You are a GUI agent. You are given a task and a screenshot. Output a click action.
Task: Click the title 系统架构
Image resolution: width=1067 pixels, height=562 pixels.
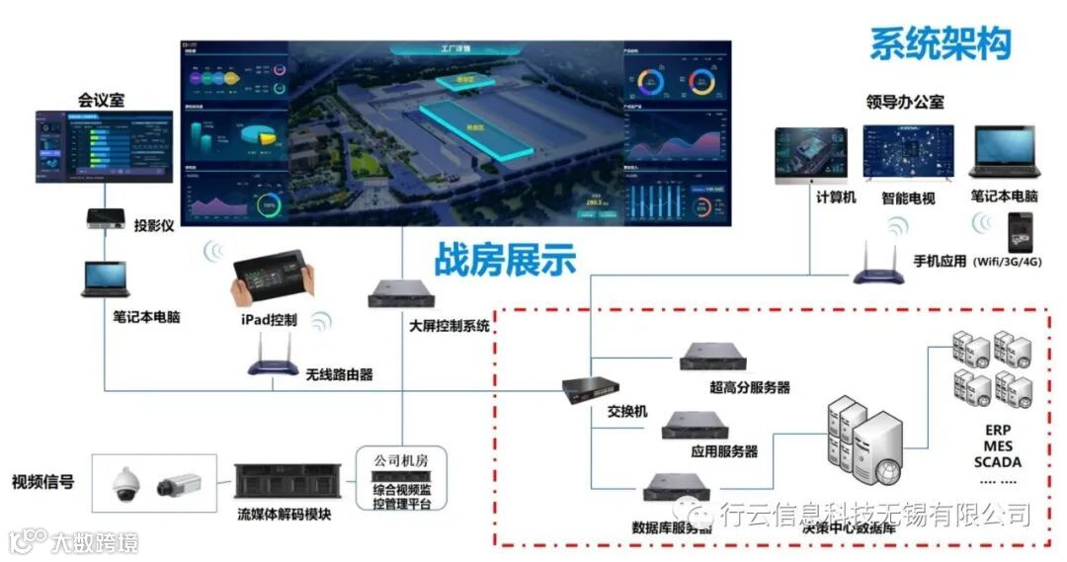(x=941, y=43)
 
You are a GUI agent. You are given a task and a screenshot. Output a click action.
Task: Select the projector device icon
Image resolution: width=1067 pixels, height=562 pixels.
(x=105, y=217)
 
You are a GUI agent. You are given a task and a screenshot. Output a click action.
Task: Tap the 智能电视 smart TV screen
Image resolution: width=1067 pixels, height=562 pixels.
(x=908, y=153)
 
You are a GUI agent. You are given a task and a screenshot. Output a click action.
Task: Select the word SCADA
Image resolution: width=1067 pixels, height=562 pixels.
(x=997, y=461)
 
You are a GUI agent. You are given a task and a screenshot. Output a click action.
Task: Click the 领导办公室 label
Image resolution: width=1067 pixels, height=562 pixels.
(x=904, y=102)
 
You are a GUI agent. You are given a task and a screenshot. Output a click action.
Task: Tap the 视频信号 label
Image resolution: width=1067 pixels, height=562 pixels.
(x=42, y=482)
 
